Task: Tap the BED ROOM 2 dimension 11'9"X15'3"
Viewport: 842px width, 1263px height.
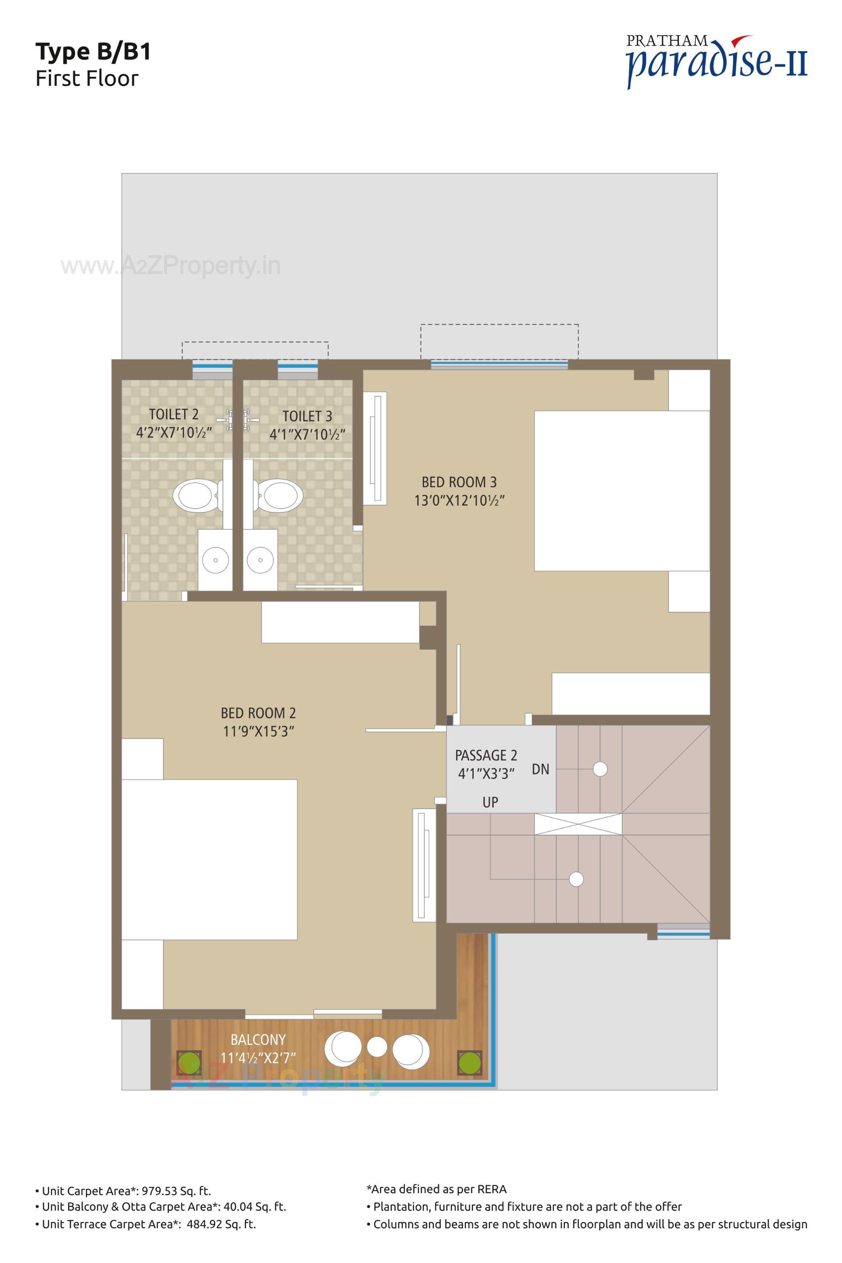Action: (x=258, y=731)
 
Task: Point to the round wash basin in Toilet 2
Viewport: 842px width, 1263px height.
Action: (x=215, y=560)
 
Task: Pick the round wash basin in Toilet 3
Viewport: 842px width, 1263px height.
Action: (x=260, y=560)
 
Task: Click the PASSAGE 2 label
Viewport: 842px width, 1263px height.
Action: (x=486, y=755)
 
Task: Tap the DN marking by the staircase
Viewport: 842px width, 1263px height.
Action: (x=540, y=769)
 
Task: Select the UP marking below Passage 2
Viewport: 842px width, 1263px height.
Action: (x=490, y=803)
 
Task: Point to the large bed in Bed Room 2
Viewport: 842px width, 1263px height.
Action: (x=210, y=859)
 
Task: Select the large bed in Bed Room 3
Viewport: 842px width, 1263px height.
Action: (x=621, y=490)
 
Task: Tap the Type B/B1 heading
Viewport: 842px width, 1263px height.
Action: (x=93, y=52)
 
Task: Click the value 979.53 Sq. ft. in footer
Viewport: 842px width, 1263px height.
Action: (x=176, y=1191)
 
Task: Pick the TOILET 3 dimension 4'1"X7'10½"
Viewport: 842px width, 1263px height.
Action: (x=307, y=433)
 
